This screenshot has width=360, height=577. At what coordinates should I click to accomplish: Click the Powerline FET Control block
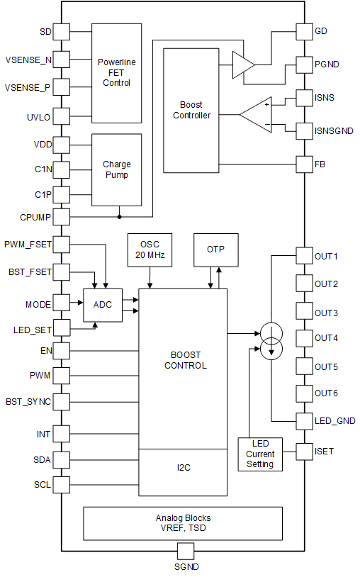coord(116,73)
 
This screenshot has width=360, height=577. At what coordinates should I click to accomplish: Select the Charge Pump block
coord(116,169)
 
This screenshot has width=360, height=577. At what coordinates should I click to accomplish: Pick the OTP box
coord(215,249)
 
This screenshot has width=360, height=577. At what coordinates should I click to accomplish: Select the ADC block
coord(103,305)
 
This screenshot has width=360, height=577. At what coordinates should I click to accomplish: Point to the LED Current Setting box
coord(259,454)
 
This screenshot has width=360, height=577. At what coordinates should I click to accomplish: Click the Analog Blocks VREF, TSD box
coord(183,523)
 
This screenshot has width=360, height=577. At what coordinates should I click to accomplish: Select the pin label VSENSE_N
coord(28,60)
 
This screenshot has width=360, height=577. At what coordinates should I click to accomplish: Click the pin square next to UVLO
coord(62,116)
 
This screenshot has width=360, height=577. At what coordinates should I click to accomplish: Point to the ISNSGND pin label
coord(336,130)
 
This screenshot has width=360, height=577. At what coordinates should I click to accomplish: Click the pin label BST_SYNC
coord(28,401)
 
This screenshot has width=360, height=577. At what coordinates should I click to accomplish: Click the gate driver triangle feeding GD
coord(242,65)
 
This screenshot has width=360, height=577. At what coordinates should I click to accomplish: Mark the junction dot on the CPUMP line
coord(120,217)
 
